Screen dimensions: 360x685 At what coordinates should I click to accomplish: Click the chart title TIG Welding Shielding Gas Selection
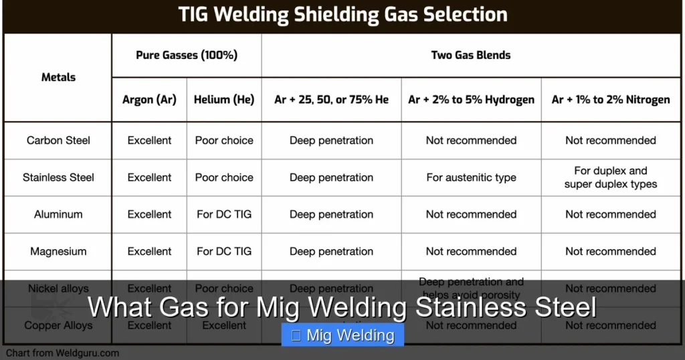point(342,14)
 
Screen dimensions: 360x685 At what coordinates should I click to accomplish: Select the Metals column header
point(58,77)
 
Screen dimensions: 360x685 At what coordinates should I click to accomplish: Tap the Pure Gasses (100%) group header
point(187,55)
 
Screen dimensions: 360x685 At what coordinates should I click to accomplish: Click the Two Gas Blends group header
point(471,55)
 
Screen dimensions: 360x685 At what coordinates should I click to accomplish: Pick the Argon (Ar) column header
point(149,100)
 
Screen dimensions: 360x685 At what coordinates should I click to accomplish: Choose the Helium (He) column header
point(224,100)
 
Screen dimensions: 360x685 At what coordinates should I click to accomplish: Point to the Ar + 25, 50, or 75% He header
point(331,100)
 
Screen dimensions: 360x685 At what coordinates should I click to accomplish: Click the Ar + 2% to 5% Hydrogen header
point(471,100)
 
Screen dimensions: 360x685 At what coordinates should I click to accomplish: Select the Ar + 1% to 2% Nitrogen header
point(611,100)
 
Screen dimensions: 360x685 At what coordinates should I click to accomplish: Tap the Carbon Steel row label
point(58,141)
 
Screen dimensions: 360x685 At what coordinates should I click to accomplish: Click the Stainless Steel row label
point(58,177)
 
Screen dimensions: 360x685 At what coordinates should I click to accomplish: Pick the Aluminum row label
point(58,215)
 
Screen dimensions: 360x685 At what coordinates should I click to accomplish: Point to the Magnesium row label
point(58,252)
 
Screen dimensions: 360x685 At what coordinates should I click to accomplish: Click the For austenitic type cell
point(471,177)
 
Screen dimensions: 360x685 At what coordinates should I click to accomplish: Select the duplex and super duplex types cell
point(611,177)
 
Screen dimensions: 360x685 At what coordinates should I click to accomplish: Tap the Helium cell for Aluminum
point(224,215)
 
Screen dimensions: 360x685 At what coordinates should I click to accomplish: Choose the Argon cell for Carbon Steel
point(149,141)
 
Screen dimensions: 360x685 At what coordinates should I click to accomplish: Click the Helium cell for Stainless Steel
point(224,177)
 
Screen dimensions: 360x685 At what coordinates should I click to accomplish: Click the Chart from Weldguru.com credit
point(63,353)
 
